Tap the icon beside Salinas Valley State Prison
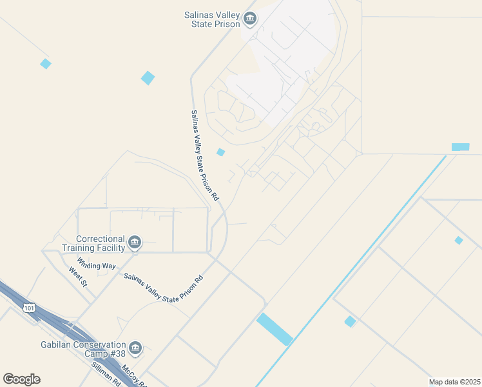(x=250, y=19)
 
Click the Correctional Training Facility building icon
(x=135, y=243)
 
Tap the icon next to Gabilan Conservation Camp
(x=135, y=349)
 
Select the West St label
(x=78, y=276)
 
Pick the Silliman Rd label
(x=106, y=374)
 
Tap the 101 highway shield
(x=29, y=308)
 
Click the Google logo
(x=21, y=379)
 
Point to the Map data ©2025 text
(x=454, y=382)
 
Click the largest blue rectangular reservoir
(x=275, y=329)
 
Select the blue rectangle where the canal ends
(x=460, y=147)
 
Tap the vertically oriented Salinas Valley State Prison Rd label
(x=205, y=154)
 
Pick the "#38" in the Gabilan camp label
(x=116, y=354)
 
